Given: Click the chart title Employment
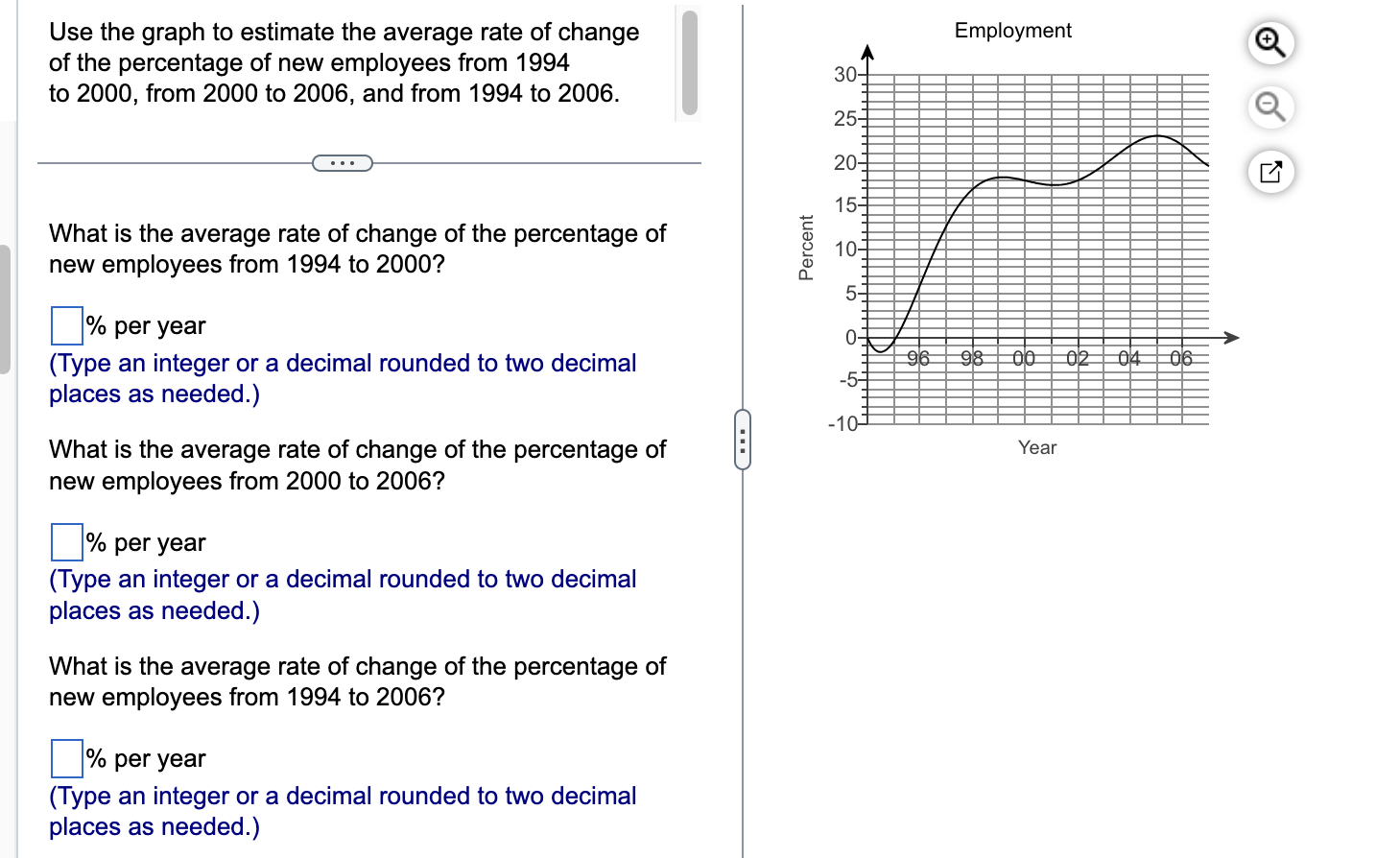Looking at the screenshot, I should tap(1012, 31).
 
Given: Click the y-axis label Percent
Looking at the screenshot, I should tap(806, 248).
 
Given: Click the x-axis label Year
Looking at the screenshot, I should tap(1036, 447).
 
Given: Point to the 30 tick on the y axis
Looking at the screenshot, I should tap(845, 75).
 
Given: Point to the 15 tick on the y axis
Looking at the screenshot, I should tap(845, 205).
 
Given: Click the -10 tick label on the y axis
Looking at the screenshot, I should tap(842, 423).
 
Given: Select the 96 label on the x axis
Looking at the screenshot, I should tap(918, 359).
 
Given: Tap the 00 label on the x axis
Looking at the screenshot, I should tap(1024, 359).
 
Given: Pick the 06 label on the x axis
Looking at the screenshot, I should tap(1180, 359).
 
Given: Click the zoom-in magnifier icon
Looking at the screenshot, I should tap(1270, 43).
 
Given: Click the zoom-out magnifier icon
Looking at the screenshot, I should tap(1270, 107).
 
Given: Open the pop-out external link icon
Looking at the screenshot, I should tap(1270, 173).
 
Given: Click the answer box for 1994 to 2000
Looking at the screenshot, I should tap(67, 325).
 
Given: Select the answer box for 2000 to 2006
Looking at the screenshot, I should tap(67, 542).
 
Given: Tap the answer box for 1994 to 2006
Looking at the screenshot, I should tap(67, 758).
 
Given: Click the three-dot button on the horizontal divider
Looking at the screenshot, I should tap(343, 163).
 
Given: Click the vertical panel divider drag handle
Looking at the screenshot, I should tap(743, 440).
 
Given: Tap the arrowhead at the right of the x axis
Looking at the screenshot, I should tap(1232, 337).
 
